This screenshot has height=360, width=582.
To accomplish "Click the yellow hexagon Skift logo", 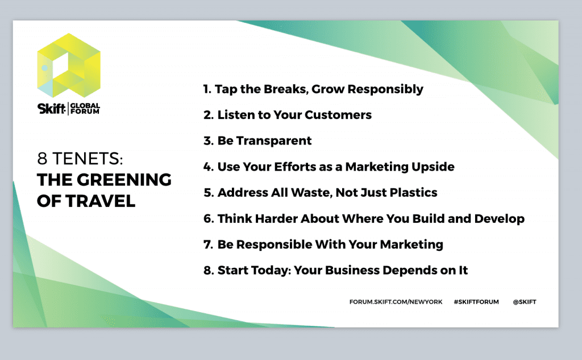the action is tap(69, 65).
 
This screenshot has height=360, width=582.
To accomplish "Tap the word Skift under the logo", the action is tap(51, 109).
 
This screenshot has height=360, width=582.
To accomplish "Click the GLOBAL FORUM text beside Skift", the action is tap(85, 109).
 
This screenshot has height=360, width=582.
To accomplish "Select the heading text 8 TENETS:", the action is tap(80, 159).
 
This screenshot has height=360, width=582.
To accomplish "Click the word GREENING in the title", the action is tap(124, 180).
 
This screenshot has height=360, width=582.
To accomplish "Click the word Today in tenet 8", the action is tap(271, 271).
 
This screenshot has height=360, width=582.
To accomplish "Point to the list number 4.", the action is tap(208, 167).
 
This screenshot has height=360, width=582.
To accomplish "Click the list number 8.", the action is tap(208, 271).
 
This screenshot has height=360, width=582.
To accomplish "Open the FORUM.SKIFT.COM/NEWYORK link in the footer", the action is tap(396, 301).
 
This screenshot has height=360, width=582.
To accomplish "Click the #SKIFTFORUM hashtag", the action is tap(476, 301).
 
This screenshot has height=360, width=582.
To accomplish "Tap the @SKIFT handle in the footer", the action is tap(525, 301).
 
